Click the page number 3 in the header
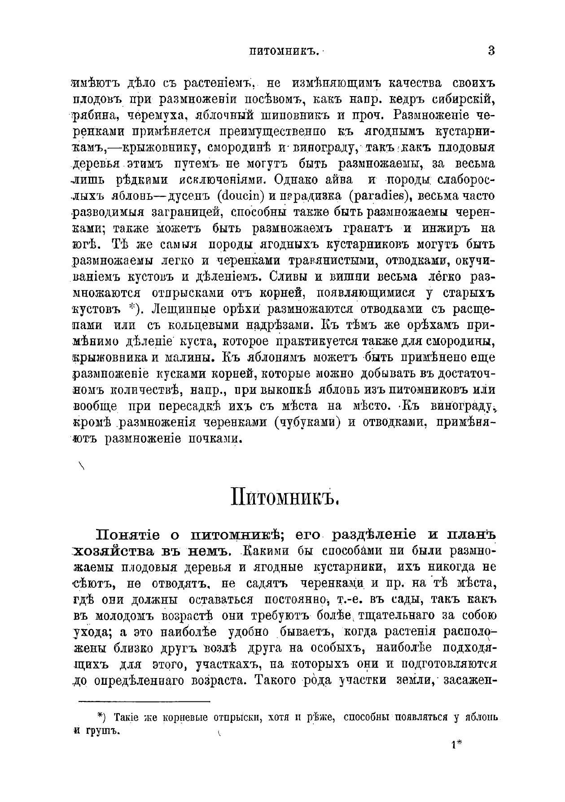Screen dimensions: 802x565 tap(491, 51)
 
